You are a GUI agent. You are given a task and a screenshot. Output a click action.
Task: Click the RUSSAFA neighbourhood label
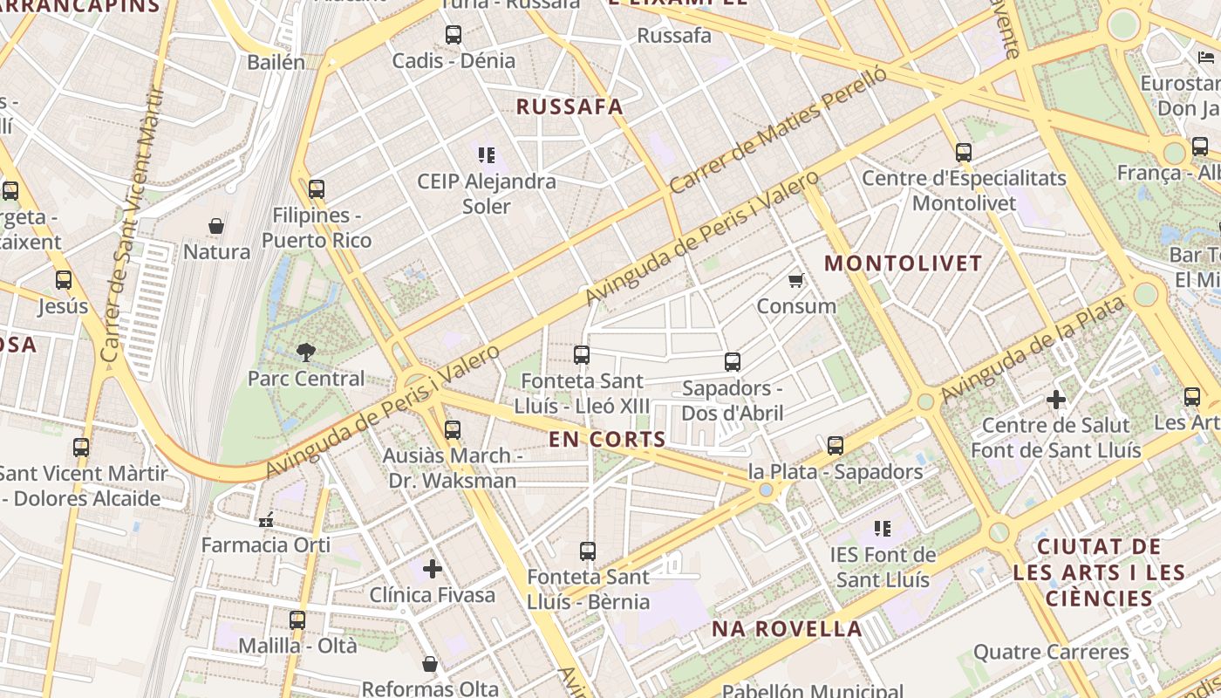(570, 106)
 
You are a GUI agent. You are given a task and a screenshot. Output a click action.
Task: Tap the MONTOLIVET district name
(904, 263)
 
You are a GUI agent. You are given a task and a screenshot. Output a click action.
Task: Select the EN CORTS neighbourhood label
(608, 439)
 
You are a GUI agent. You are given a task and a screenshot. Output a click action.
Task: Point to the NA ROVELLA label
(787, 628)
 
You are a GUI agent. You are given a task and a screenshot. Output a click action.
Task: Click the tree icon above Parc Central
(306, 352)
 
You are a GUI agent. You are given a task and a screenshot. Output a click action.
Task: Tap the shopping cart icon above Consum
(795, 281)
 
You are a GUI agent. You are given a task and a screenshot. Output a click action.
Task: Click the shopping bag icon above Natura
(216, 226)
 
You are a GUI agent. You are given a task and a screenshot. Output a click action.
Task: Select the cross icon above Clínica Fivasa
(433, 569)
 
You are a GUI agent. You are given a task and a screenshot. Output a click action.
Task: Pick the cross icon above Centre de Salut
(1056, 400)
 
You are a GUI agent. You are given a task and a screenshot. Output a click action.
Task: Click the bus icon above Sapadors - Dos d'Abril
(733, 361)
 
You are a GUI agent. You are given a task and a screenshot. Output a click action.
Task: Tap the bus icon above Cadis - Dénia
(454, 35)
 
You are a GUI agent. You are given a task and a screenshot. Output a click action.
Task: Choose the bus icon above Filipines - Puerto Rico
(317, 188)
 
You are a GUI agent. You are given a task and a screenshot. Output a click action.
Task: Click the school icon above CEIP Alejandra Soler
(487, 155)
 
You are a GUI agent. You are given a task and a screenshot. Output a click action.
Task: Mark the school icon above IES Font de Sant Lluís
(883, 528)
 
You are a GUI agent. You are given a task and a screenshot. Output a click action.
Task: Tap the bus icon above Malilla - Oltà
(297, 619)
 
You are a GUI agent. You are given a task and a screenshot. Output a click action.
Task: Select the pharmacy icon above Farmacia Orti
(266, 519)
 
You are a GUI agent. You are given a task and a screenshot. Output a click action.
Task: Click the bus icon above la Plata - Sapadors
(836, 445)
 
